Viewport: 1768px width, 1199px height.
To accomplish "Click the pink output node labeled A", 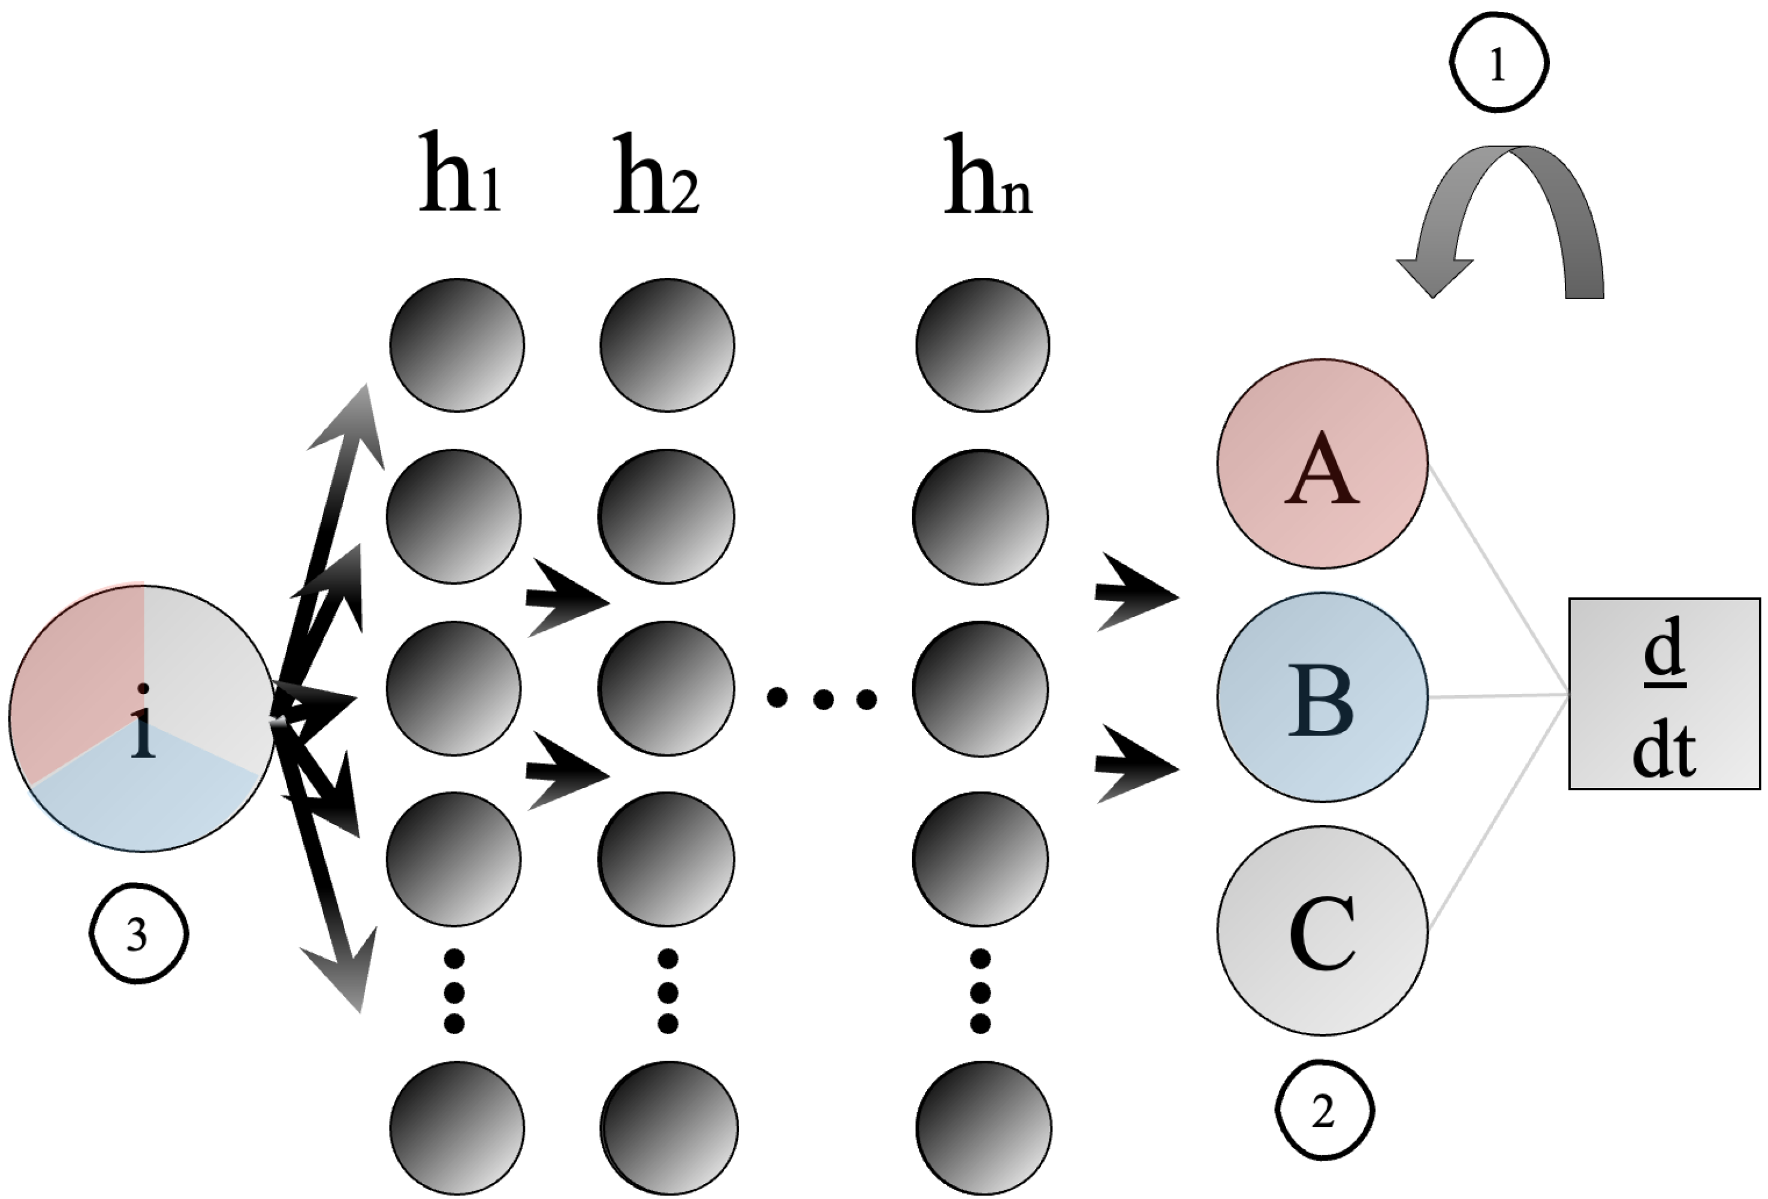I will (x=1322, y=463).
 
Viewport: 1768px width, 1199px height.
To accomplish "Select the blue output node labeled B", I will (x=1322, y=697).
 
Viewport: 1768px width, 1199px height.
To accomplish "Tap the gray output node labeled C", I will (x=1322, y=931).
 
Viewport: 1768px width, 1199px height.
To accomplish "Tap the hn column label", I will (x=986, y=177).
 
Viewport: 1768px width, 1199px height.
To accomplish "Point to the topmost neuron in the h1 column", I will (x=457, y=345).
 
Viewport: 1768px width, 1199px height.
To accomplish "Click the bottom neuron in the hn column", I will (x=983, y=1126).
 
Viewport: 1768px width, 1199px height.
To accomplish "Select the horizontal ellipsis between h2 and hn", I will (x=822, y=697).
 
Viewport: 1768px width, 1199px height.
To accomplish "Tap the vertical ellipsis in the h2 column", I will (x=667, y=991).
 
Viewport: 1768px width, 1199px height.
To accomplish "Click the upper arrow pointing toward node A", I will (x=1133, y=593).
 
